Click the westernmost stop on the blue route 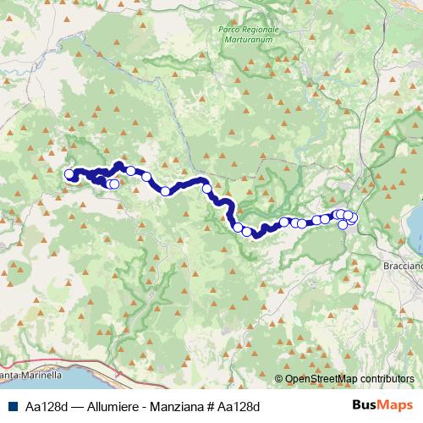[x=69, y=175]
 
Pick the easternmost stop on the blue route [x=353, y=219]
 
